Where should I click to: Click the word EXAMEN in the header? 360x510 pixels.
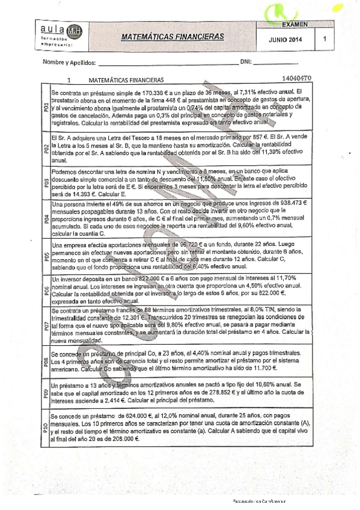click(294, 25)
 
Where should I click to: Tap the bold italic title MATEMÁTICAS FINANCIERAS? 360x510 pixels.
click(172, 37)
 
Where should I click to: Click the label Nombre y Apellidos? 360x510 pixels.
click(69, 63)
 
